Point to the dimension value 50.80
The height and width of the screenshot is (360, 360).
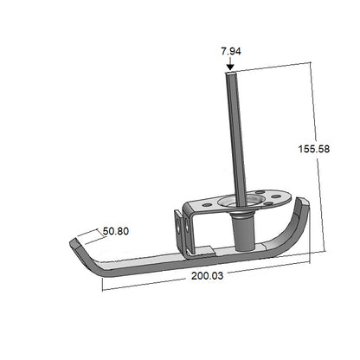point(117,231)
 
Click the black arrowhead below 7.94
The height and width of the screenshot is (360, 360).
point(229,66)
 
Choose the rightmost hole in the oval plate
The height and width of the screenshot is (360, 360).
point(276,197)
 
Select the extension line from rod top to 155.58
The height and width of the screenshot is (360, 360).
point(268,69)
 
